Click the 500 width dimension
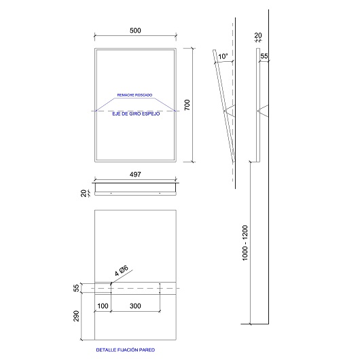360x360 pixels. tap(135, 31)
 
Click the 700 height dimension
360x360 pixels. tap(187, 105)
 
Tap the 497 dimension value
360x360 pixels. tap(135, 175)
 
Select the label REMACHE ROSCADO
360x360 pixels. tap(134, 95)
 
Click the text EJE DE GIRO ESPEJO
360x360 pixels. tap(136, 114)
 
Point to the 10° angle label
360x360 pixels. tap(223, 56)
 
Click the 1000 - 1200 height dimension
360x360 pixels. tap(245, 243)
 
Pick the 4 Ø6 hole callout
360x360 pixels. tap(122, 271)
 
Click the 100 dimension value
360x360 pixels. tap(103, 306)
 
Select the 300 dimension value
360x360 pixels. tap(135, 306)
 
